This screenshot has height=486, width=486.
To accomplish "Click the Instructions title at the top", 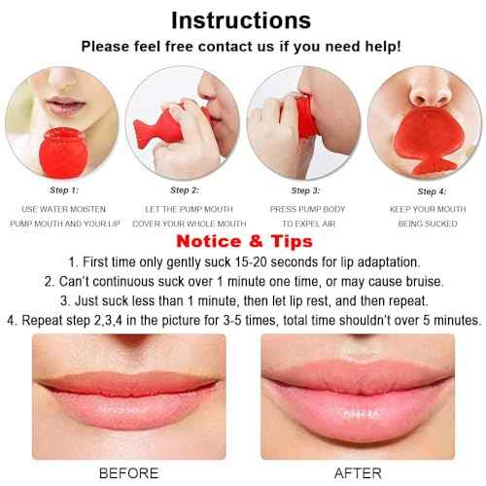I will (242, 19).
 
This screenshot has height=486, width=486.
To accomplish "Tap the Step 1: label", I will (63, 191).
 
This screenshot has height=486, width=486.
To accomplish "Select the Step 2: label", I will (183, 191).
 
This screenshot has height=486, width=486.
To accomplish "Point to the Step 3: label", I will (304, 191).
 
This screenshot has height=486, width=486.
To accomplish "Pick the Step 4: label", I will (430, 191).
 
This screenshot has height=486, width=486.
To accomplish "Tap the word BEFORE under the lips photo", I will (129, 472).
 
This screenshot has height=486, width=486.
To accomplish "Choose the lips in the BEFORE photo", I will (129, 397).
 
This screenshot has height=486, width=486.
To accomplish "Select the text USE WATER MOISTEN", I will (64, 209).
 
